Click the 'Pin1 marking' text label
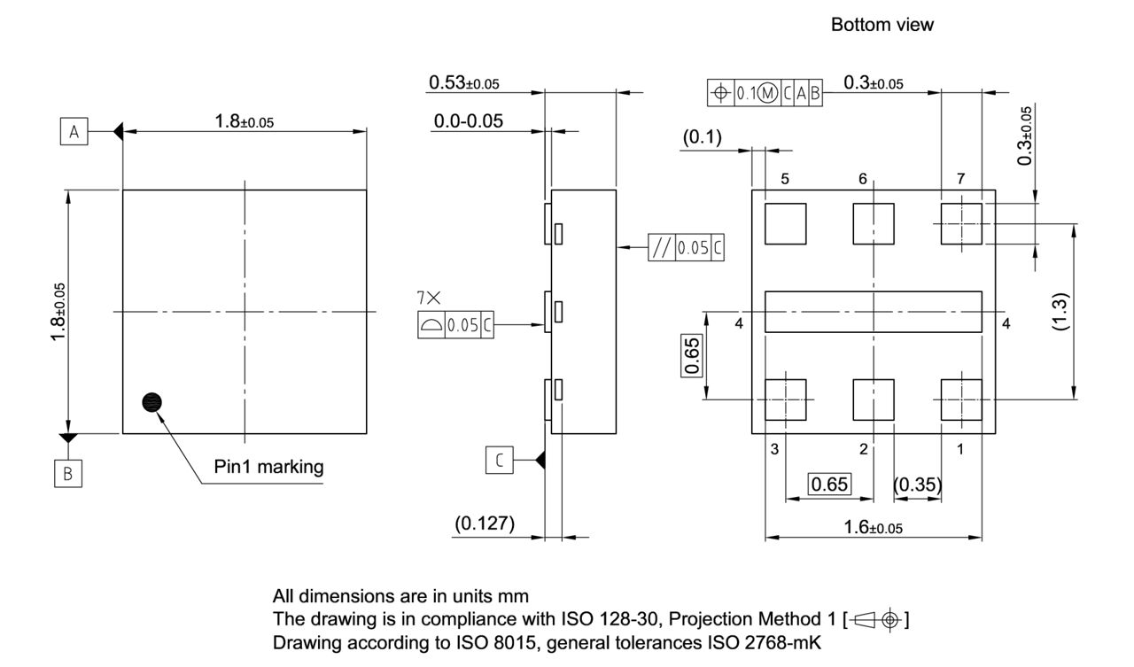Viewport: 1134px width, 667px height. point(268,468)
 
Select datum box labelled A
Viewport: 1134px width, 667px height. point(74,132)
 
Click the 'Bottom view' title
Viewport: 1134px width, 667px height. point(882,25)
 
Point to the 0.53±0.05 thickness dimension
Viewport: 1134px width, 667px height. point(463,82)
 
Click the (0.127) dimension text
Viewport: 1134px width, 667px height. point(485,524)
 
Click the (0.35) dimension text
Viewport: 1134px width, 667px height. point(917,485)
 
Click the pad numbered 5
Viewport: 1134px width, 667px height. point(785,223)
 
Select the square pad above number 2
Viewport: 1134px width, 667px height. point(874,400)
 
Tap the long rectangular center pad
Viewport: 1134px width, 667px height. point(874,312)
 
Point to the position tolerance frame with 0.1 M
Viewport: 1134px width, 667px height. point(765,92)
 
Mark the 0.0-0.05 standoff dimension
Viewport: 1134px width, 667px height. point(468,121)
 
